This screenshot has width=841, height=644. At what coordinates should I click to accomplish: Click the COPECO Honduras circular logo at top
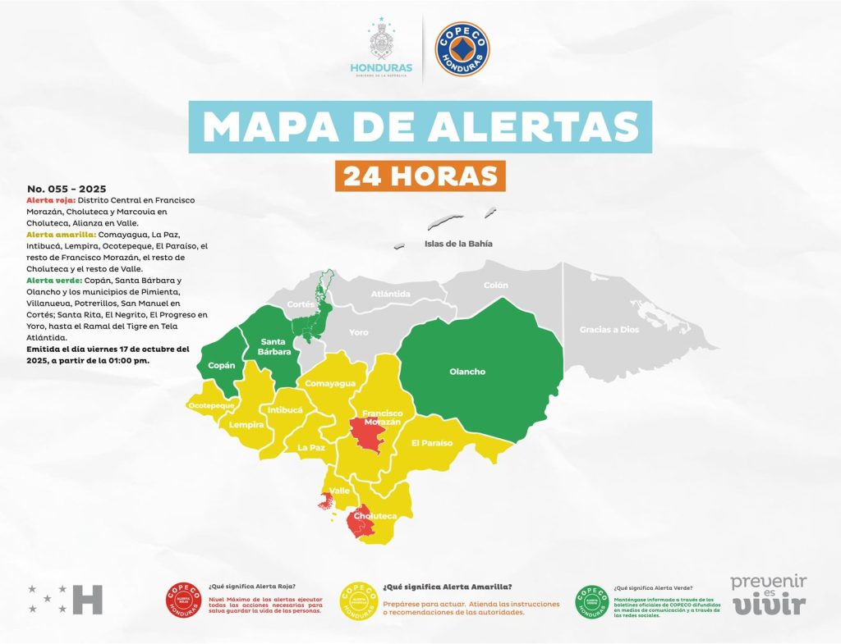(x=462, y=49)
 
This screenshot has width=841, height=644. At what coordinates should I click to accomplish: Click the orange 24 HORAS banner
(x=420, y=176)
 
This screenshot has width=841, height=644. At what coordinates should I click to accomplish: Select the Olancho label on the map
(x=467, y=372)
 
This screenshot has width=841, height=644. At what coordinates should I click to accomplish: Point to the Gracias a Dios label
(x=609, y=329)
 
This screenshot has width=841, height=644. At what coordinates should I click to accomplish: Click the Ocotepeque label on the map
(x=212, y=405)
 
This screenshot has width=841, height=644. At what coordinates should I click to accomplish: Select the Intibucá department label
(x=285, y=409)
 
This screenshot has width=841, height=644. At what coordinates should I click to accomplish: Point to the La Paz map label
(x=311, y=447)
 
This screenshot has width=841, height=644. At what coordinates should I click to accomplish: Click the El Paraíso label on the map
(x=432, y=443)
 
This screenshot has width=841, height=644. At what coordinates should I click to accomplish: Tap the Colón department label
(x=496, y=285)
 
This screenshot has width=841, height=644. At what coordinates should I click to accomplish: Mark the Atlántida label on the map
(x=391, y=293)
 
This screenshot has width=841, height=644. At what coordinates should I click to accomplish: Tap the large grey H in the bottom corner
(x=88, y=600)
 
